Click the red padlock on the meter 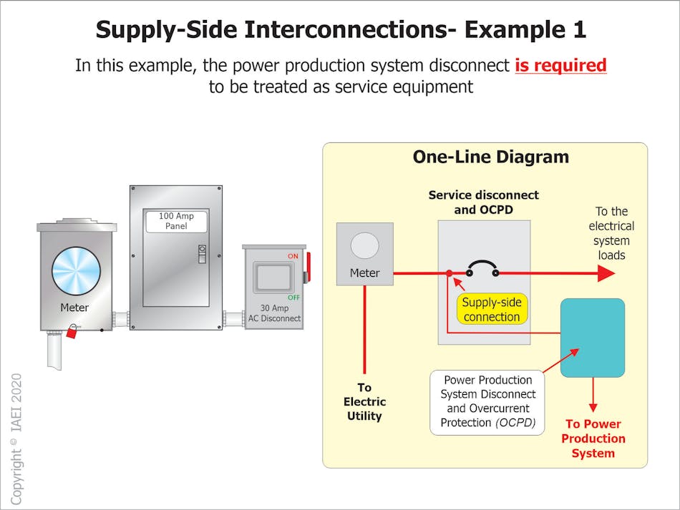[x=72, y=332]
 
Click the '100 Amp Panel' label [x=176, y=221]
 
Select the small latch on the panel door [x=202, y=253]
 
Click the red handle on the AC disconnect [x=309, y=267]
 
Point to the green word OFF [x=293, y=298]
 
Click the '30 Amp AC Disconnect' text [x=274, y=314]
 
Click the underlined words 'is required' [x=560, y=66]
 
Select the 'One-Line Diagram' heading [x=490, y=157]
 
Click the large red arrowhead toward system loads [x=606, y=273]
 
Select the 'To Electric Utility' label [x=364, y=401]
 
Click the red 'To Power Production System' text [x=593, y=438]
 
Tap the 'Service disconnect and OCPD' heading [x=483, y=202]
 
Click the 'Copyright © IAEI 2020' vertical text [x=16, y=438]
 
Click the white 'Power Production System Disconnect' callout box [x=487, y=401]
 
